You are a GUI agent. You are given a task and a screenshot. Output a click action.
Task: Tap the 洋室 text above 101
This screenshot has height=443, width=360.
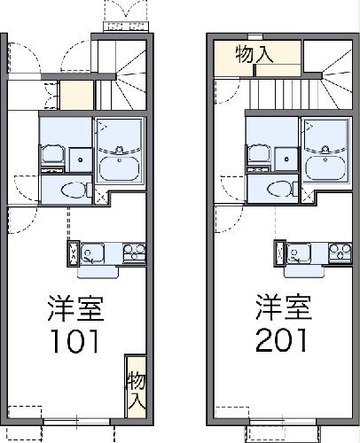(x=75, y=310)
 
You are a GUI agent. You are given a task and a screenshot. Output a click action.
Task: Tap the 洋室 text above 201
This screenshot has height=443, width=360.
(x=283, y=310)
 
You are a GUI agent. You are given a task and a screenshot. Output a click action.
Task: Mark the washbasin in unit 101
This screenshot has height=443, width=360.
(x=51, y=152)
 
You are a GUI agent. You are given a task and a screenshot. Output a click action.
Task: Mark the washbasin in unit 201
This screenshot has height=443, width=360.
(x=259, y=152)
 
